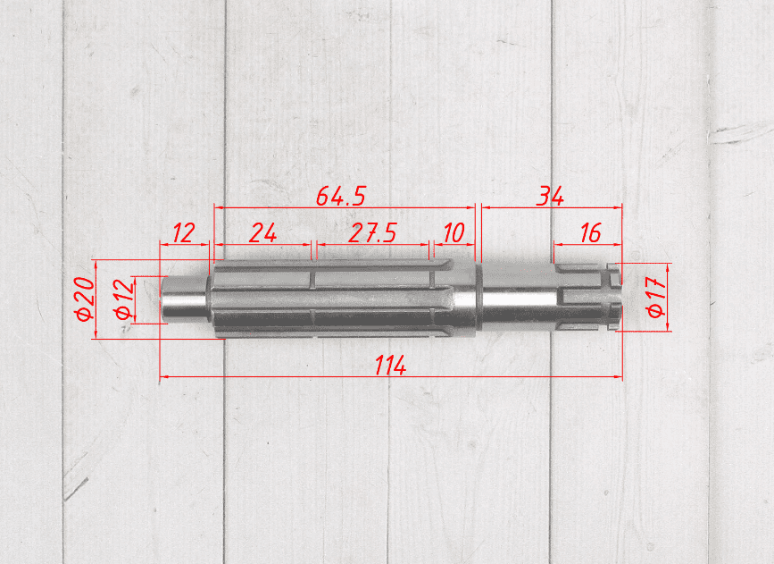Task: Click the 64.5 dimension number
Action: point(341,197)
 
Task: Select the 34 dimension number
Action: point(551,197)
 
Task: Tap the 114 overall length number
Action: point(390,366)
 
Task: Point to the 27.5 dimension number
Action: point(372,232)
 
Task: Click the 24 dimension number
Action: point(262,232)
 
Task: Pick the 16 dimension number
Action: point(590,232)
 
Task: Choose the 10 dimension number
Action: point(454,232)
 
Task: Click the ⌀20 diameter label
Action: point(85,299)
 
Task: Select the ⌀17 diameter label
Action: point(656,297)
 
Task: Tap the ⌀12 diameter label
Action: point(123,299)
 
